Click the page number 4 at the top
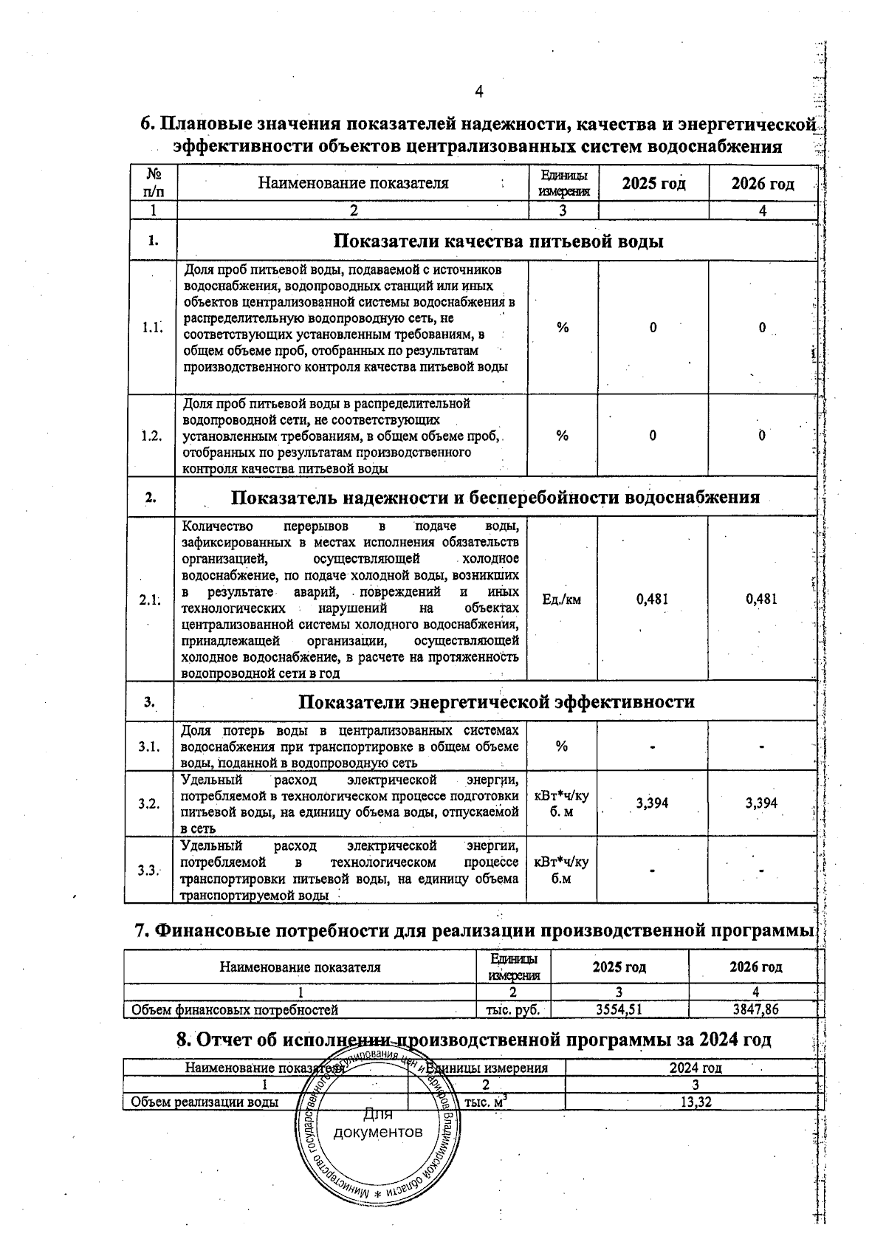point(479,92)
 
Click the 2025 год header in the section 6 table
point(653,183)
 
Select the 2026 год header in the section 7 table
point(755,967)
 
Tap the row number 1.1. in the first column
point(152,327)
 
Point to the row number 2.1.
point(150,600)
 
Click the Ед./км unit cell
point(561,599)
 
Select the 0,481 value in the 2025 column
point(652,599)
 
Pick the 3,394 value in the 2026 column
point(761,803)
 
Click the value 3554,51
point(620,1009)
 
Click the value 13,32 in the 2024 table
point(695,1102)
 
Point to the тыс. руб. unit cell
point(512,1009)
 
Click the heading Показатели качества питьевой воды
point(498,241)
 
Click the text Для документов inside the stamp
point(378,1124)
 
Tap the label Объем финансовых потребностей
point(234,1009)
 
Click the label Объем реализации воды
point(205,1102)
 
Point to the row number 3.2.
point(149,803)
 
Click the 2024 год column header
point(695,1068)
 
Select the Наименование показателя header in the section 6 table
point(353,183)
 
